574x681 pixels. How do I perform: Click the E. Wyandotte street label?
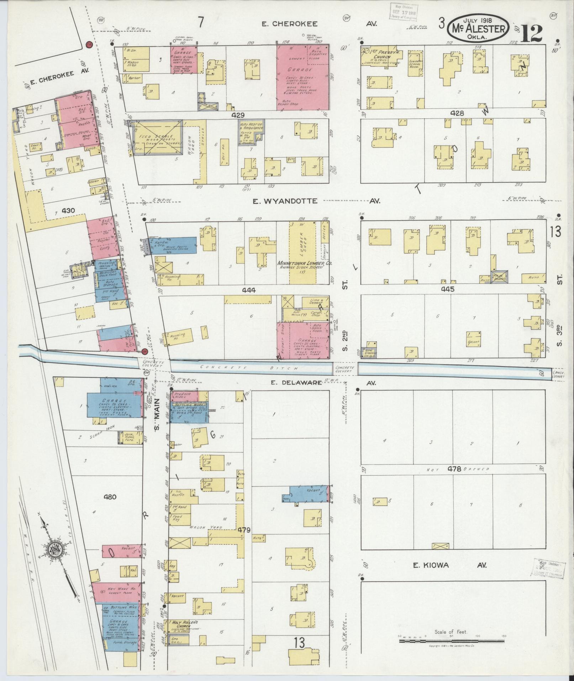click(285, 201)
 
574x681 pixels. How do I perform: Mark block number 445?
click(448, 289)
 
